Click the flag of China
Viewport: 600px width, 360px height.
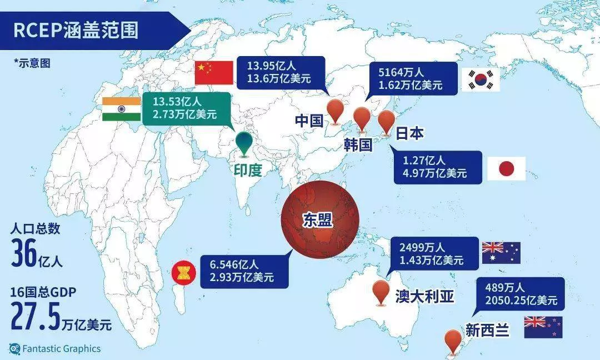point(214,73)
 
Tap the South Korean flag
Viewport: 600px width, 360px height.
point(481,80)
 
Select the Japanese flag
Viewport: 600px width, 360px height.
point(506,168)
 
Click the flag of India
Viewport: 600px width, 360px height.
point(122,109)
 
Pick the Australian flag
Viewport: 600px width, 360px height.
point(501,253)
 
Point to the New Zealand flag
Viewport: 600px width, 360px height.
point(543,327)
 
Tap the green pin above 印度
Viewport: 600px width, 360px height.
point(243,142)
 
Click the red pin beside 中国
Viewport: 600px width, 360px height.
point(336,110)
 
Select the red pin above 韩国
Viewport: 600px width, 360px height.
point(362,119)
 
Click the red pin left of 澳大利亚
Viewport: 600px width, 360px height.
point(381,291)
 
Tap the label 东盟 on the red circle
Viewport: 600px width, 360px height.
point(317,219)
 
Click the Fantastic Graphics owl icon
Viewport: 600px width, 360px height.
point(14,349)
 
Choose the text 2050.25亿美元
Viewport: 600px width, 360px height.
point(521,301)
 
